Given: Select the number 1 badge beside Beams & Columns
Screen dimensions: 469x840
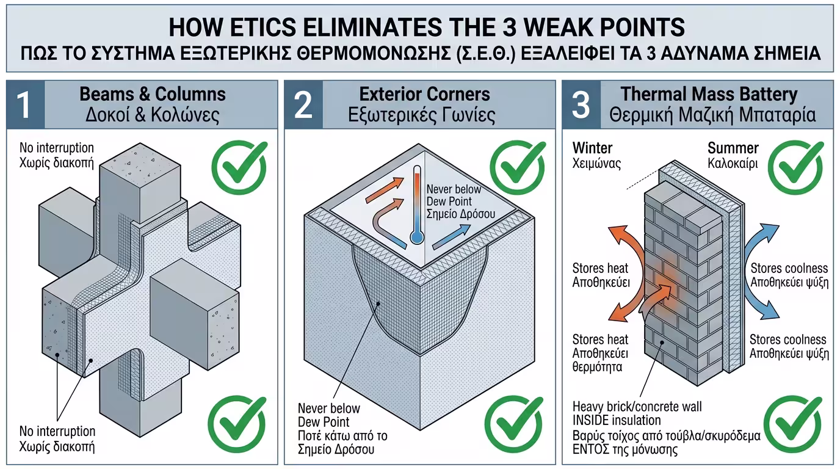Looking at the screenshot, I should pos(24,104).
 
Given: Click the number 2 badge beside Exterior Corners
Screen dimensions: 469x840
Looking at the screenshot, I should pos(303,104).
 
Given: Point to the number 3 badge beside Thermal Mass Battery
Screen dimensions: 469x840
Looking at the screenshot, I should pos(581,104).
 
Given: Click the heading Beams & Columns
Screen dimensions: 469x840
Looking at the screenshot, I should pos(153,94).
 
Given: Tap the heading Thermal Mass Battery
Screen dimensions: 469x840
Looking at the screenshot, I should pos(709,94).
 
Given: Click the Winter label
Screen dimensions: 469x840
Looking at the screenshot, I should pos(593,148).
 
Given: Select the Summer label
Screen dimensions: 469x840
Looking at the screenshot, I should pos(733,148).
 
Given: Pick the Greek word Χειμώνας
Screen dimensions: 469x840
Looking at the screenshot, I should pos(597,163).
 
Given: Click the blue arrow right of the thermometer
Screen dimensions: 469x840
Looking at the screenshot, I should pos(454,236).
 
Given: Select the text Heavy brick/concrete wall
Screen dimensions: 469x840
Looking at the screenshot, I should pos(637,406).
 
